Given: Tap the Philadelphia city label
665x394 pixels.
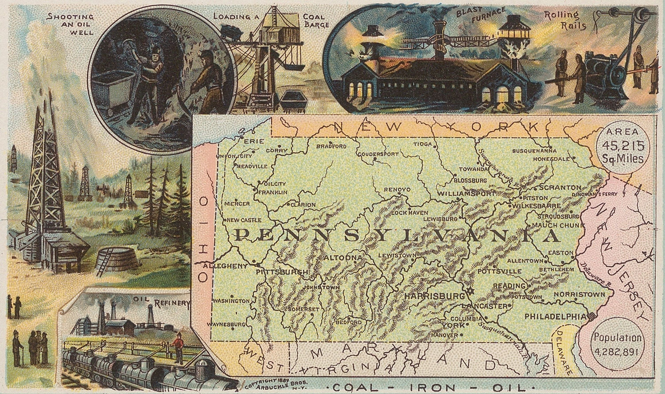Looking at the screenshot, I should click(x=555, y=316).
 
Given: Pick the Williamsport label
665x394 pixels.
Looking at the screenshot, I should click(x=466, y=194).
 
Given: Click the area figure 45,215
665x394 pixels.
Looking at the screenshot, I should click(x=623, y=145).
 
